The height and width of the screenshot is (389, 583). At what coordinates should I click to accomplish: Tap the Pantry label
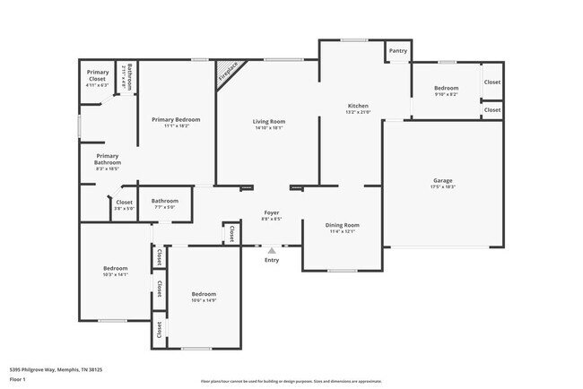tap(398, 51)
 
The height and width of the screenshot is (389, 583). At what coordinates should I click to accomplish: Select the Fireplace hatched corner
tap(225, 71)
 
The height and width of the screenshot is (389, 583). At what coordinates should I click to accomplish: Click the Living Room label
tap(268, 121)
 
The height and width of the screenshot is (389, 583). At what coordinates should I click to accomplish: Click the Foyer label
tap(271, 212)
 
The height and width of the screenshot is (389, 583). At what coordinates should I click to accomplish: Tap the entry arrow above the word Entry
tap(272, 251)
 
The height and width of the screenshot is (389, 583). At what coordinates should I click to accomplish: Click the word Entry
tap(272, 260)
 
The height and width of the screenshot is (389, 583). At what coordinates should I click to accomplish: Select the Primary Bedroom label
tap(176, 119)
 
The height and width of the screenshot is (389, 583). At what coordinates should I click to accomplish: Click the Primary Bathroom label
tap(109, 159)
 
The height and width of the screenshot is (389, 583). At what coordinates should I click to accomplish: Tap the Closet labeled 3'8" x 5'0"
tap(124, 203)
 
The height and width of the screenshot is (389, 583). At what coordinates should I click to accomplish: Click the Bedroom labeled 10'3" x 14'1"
tap(115, 268)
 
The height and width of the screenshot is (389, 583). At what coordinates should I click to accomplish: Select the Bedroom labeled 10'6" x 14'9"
tap(204, 294)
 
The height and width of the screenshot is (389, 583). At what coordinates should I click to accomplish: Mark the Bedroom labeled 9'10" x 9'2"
tap(447, 88)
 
